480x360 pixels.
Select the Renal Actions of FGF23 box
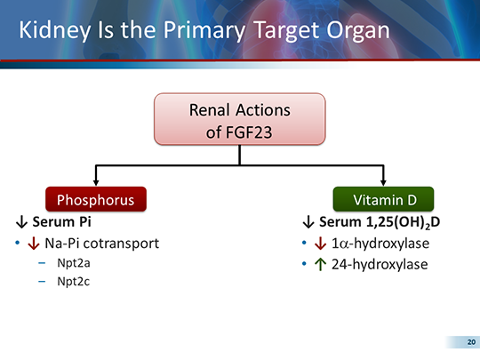239,122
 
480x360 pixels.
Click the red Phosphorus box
95,198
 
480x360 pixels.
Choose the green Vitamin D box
381,198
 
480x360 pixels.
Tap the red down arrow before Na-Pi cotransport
34,243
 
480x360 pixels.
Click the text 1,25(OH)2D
393,222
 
